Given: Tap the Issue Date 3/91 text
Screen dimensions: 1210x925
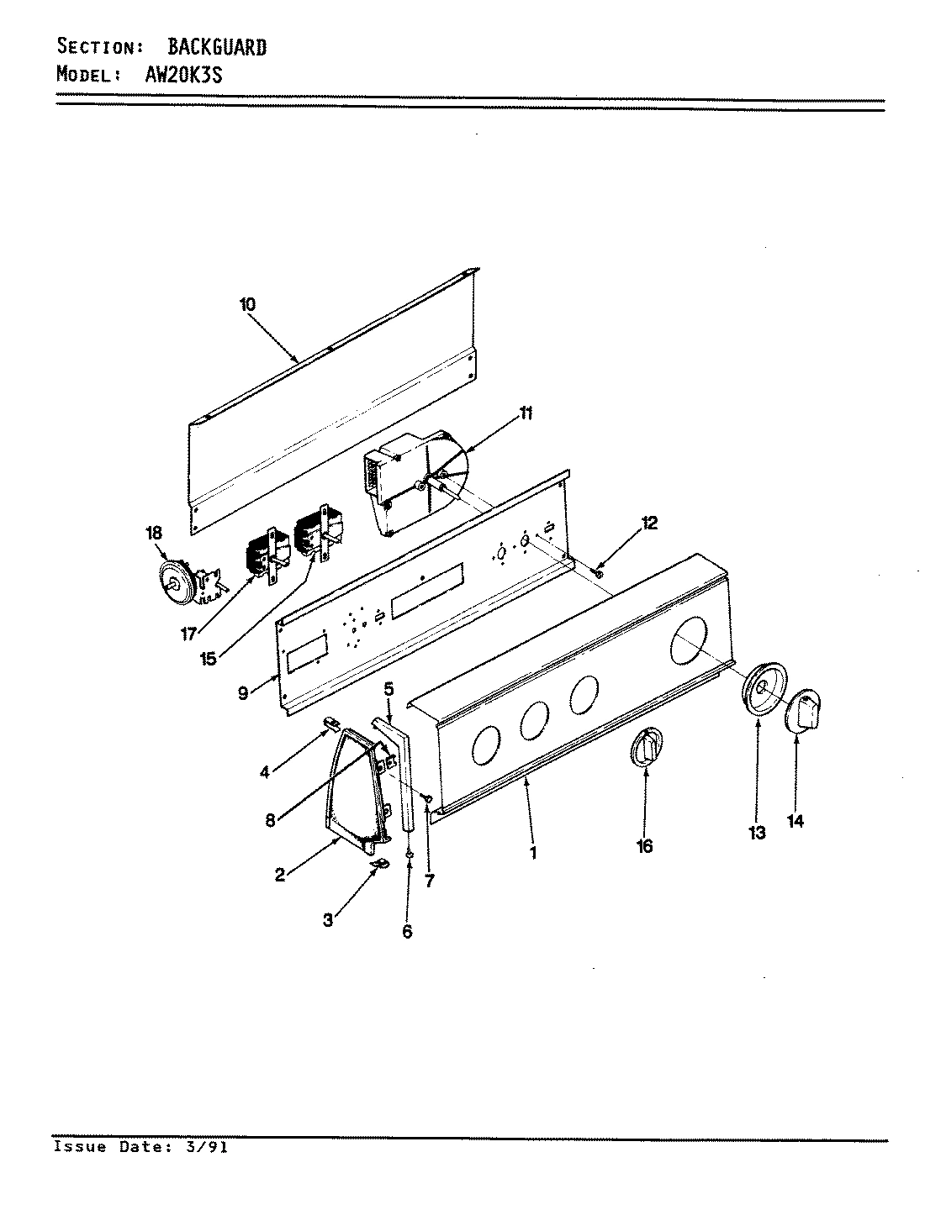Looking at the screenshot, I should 140,1147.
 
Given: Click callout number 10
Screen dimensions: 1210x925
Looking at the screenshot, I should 247,304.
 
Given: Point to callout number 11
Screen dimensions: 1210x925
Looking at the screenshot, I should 526,413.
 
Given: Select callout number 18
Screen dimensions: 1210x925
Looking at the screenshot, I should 154,533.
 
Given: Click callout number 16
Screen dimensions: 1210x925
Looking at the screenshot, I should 644,846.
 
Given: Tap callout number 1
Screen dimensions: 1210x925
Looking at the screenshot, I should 532,853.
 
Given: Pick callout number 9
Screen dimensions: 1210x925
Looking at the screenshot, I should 243,693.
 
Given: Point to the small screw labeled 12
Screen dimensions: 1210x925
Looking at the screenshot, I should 598,571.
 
